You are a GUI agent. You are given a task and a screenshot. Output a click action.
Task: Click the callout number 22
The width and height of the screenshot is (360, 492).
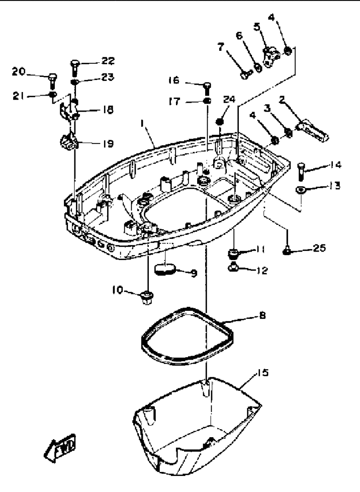[108, 61]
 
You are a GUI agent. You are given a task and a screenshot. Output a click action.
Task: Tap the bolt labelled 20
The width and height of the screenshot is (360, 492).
[52, 81]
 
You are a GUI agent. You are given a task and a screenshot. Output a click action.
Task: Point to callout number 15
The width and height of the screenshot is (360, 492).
[262, 372]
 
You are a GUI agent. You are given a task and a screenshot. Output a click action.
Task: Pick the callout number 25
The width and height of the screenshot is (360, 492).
[319, 248]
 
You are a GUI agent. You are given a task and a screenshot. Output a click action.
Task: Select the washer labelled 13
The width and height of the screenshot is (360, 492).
[301, 190]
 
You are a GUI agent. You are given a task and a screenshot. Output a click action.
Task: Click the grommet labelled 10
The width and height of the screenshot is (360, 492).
[147, 298]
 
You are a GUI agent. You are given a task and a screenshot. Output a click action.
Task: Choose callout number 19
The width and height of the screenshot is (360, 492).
[108, 144]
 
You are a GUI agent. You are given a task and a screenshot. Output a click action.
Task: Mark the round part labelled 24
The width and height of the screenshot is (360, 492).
[220, 122]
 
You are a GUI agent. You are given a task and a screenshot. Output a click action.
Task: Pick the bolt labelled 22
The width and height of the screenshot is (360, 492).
[75, 68]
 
